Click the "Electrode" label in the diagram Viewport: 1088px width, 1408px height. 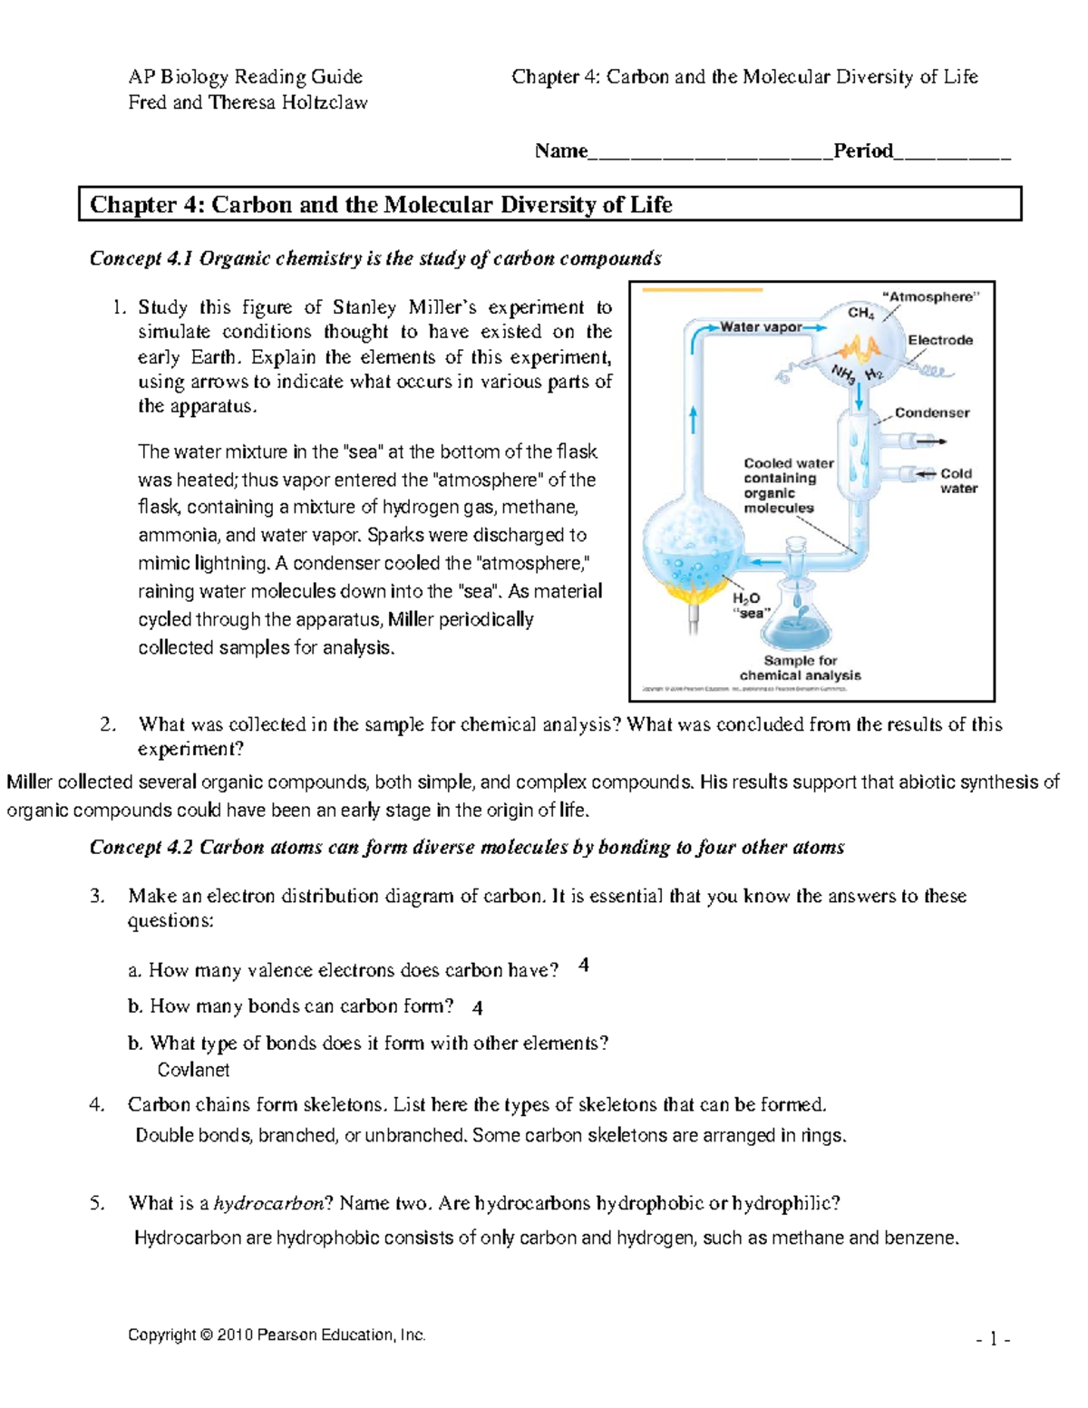click(940, 340)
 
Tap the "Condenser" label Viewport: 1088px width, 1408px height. click(931, 413)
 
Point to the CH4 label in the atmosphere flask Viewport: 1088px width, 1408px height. click(860, 313)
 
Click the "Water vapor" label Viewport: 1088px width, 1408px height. click(761, 327)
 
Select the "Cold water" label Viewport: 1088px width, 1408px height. click(957, 481)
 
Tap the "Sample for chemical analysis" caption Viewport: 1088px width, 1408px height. click(800, 668)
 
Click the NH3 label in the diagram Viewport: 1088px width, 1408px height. click(842, 374)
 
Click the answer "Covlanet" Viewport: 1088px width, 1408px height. click(193, 1070)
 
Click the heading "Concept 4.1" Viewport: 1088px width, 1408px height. click(141, 258)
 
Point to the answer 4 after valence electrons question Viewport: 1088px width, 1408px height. click(583, 966)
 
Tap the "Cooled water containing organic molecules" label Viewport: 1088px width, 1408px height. click(787, 485)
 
